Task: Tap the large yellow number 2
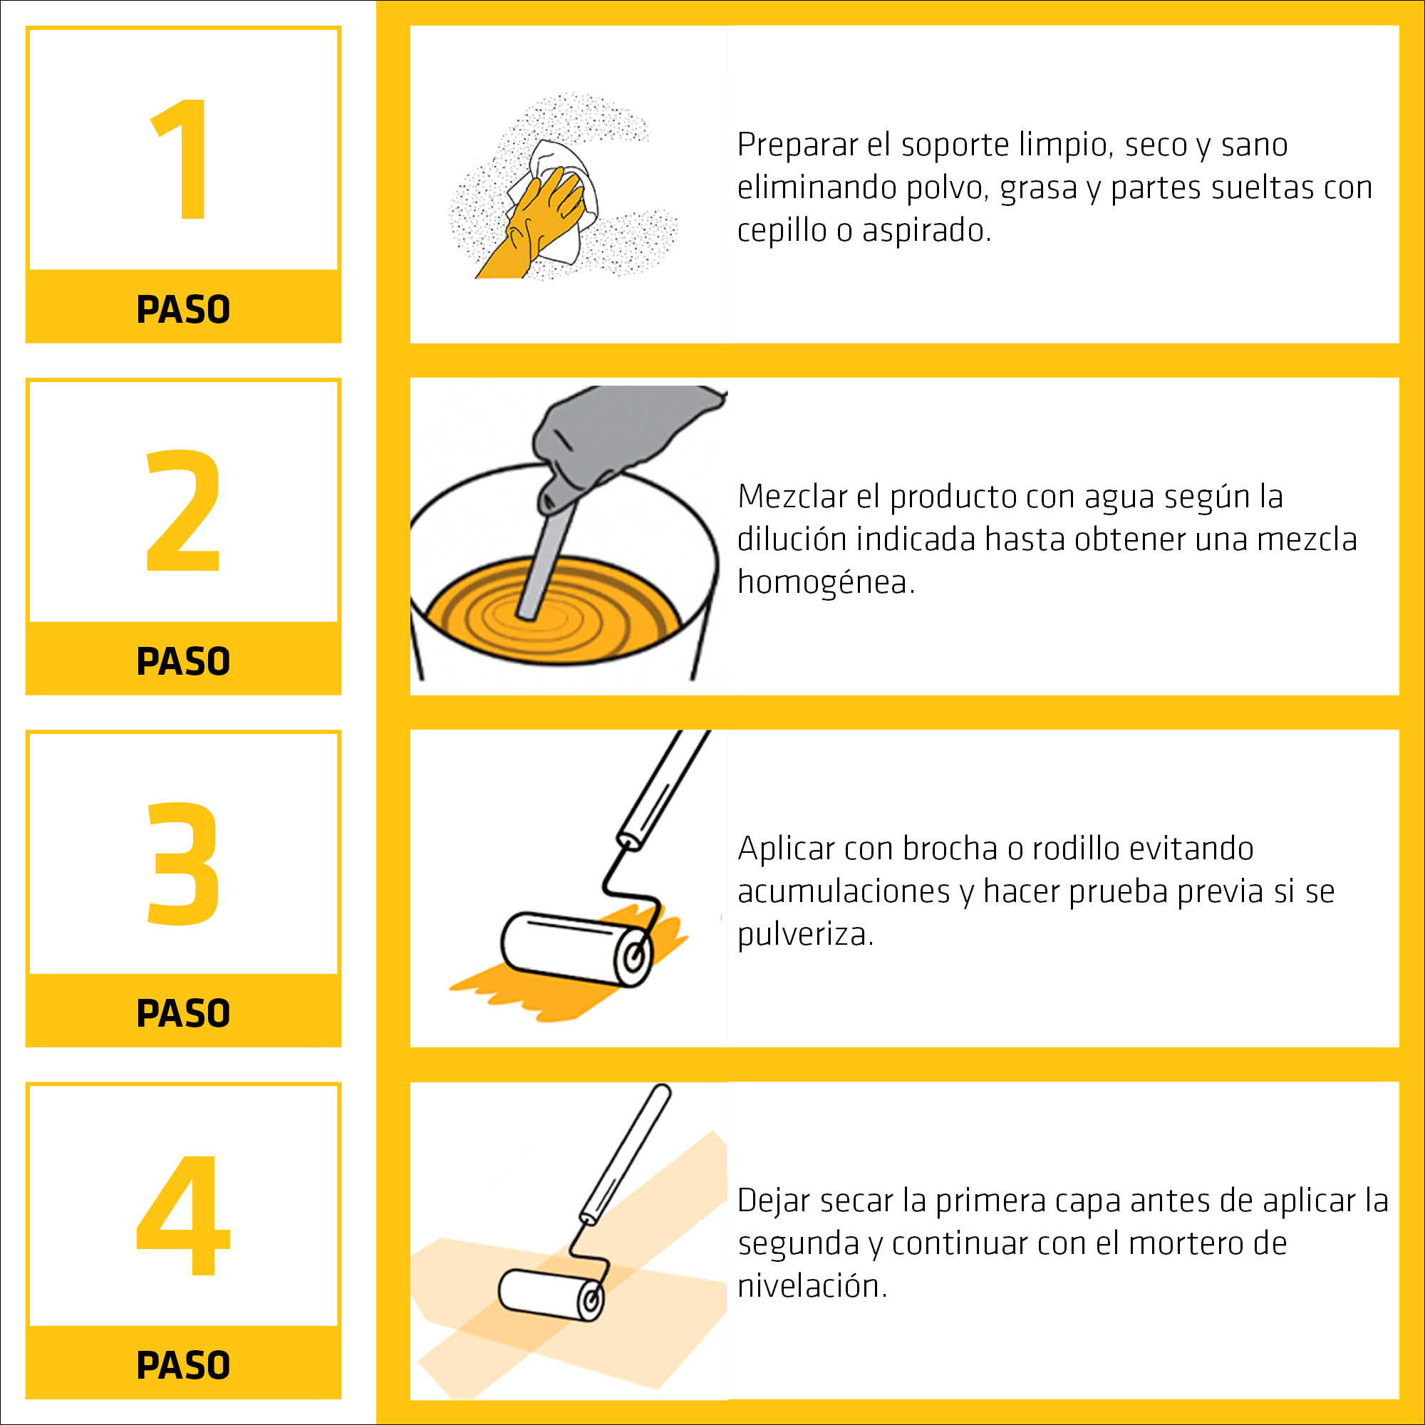pos(184,510)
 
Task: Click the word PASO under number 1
pos(183,309)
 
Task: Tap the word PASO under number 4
pos(183,1365)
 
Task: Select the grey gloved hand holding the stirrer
pos(612,435)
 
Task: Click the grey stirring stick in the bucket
pos(546,561)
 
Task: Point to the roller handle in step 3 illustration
pos(664,789)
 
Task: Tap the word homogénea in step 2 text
pos(824,583)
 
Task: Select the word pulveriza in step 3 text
pos(804,936)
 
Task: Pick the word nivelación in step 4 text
pos(811,1287)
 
